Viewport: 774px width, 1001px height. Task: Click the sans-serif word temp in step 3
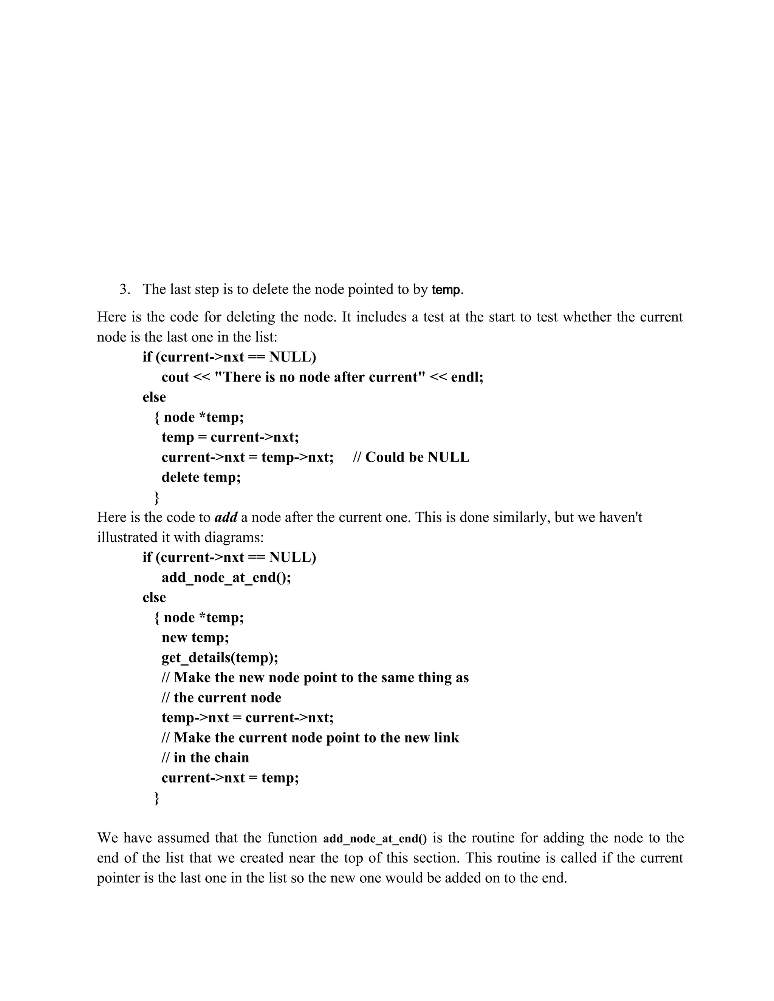click(x=446, y=290)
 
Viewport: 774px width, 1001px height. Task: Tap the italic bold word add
click(x=226, y=517)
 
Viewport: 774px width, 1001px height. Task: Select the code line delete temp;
click(x=201, y=477)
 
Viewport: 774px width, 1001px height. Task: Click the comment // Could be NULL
click(x=411, y=457)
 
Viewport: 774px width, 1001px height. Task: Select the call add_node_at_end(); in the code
click(x=226, y=577)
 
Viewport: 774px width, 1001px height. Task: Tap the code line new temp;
click(x=195, y=638)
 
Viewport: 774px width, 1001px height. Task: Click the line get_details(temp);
click(x=220, y=658)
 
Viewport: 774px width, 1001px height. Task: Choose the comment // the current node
click(x=221, y=698)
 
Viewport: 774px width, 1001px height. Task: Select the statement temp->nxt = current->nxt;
click(x=248, y=717)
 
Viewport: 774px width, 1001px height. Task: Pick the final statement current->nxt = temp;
click(x=230, y=778)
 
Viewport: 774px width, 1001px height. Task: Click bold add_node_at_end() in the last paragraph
click(x=375, y=839)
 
